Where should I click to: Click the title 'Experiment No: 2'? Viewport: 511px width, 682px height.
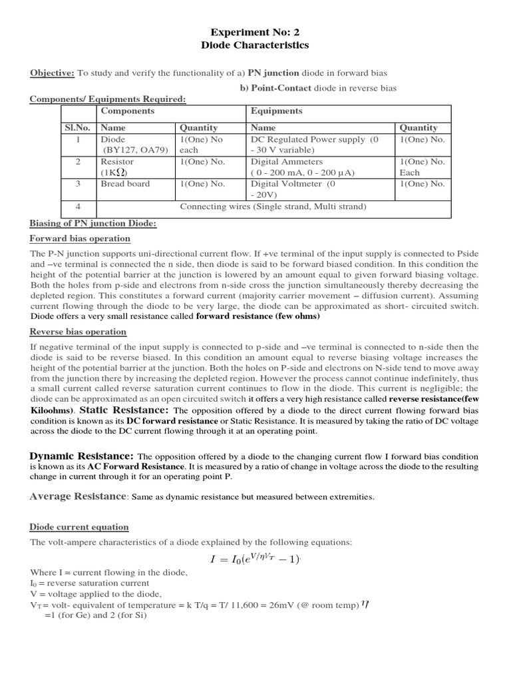[255, 32]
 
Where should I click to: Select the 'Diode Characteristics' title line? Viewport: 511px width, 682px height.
[255, 45]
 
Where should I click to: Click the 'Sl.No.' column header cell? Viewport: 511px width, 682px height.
[79, 127]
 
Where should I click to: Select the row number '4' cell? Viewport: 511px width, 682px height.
[79, 206]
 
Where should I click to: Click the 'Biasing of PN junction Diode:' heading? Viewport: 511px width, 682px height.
[93, 224]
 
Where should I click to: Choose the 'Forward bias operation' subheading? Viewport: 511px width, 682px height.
[80, 238]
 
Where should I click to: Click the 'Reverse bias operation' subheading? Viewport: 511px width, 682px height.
[78, 332]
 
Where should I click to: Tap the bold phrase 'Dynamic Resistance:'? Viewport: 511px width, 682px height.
[82, 456]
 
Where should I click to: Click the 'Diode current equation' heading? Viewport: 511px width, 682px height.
[79, 527]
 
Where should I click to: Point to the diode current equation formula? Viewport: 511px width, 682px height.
[256, 559]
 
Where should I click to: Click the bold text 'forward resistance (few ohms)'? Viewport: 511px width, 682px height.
[257, 316]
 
